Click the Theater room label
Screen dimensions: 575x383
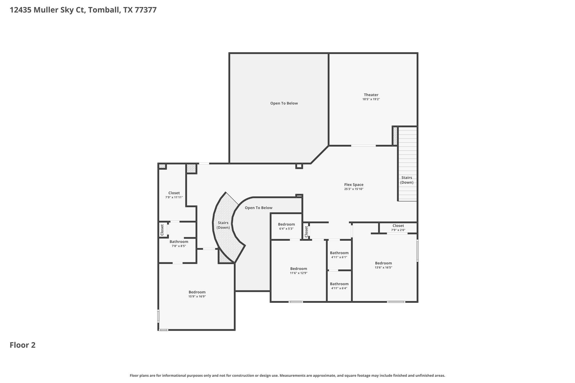371,95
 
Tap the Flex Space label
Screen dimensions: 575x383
354,185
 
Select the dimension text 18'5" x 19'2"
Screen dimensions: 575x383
371,99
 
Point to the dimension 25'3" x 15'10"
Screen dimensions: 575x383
354,189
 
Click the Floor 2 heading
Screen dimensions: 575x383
23,345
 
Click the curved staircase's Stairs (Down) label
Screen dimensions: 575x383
223,225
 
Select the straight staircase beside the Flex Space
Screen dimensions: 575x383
407,164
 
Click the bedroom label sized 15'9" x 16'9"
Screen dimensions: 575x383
197,292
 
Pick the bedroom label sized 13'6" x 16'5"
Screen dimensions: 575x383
383,263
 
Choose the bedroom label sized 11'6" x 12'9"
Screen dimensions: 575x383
298,269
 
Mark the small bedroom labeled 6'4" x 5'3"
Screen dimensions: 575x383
286,224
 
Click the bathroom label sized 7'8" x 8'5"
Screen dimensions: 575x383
179,242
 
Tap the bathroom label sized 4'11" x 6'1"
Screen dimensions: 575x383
339,253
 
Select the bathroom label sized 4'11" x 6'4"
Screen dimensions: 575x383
339,284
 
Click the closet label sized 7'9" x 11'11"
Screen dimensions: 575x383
174,193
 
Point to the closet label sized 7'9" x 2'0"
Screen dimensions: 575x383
398,226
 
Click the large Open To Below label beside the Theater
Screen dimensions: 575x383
284,103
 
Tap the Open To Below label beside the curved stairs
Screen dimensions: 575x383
259,208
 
